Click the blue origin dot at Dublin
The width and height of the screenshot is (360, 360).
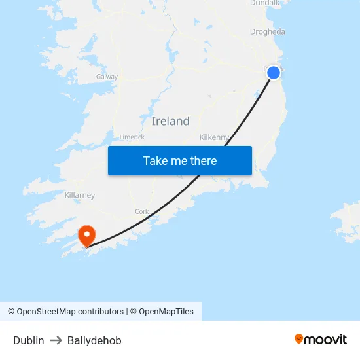pyautogui.click(x=274, y=73)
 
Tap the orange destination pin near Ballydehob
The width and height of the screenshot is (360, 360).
pyautogui.click(x=86, y=236)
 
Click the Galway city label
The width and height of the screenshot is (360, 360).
pyautogui.click(x=107, y=77)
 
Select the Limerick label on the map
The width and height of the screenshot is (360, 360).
pyautogui.click(x=132, y=137)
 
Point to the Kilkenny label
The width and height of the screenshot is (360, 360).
pyautogui.click(x=214, y=137)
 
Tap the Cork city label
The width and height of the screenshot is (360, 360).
pyautogui.click(x=141, y=211)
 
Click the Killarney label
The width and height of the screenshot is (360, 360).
pyautogui.click(x=80, y=195)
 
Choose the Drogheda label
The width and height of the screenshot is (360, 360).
pyautogui.click(x=268, y=31)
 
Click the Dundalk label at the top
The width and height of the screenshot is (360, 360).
pyautogui.click(x=264, y=3)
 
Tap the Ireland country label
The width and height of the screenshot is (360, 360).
pyautogui.click(x=170, y=121)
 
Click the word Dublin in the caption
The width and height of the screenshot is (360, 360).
pyautogui.click(x=29, y=340)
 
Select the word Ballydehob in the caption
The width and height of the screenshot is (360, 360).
pyautogui.click(x=94, y=340)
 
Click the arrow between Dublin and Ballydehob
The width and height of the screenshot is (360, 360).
pyautogui.click(x=56, y=340)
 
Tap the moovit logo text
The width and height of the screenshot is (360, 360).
pyautogui.click(x=326, y=339)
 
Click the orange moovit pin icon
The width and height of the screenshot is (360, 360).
pyautogui.click(x=298, y=339)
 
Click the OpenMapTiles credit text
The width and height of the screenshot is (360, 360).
pyautogui.click(x=166, y=312)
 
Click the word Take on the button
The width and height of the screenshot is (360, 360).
pyautogui.click(x=155, y=160)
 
